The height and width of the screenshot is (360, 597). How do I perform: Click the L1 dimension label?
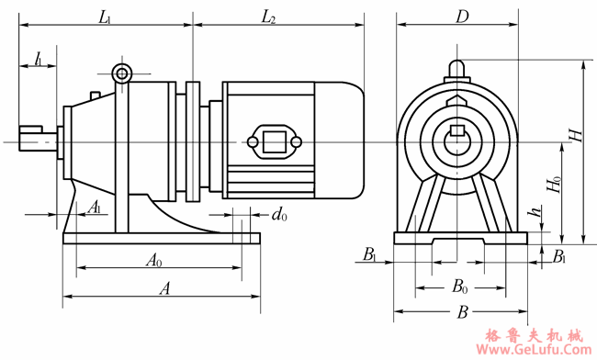pos(105,17)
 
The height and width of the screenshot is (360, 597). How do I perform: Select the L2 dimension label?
pos(268,17)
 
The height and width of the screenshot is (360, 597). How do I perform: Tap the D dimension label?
pos(462,17)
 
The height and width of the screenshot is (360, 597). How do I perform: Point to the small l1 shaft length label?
pos(39,60)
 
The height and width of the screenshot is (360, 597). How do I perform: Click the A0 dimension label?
pos(154,261)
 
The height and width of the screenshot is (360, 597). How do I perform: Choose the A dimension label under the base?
pos(164,288)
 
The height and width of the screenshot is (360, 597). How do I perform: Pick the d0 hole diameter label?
pos(279,215)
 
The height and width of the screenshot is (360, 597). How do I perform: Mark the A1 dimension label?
pos(95,208)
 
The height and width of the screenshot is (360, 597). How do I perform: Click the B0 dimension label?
pos(460,287)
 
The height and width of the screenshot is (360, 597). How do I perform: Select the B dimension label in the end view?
pos(462,312)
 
